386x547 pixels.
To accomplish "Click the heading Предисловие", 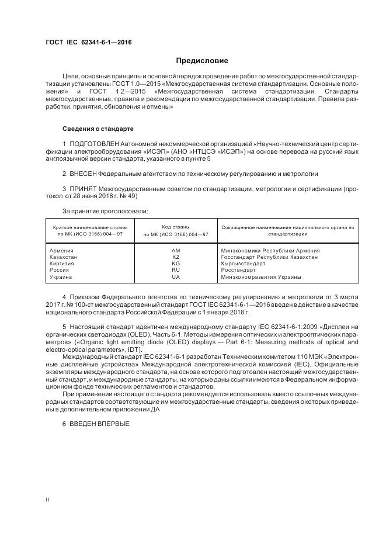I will (x=203, y=61).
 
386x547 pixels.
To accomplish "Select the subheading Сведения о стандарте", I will (x=98, y=128).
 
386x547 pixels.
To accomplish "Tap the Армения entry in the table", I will (x=62, y=250).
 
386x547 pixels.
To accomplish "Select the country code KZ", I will (x=176, y=257).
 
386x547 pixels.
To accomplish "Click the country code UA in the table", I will (x=176, y=276).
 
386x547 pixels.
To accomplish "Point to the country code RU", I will (x=176, y=270).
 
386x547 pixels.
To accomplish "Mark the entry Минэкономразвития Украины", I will (x=261, y=276).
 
